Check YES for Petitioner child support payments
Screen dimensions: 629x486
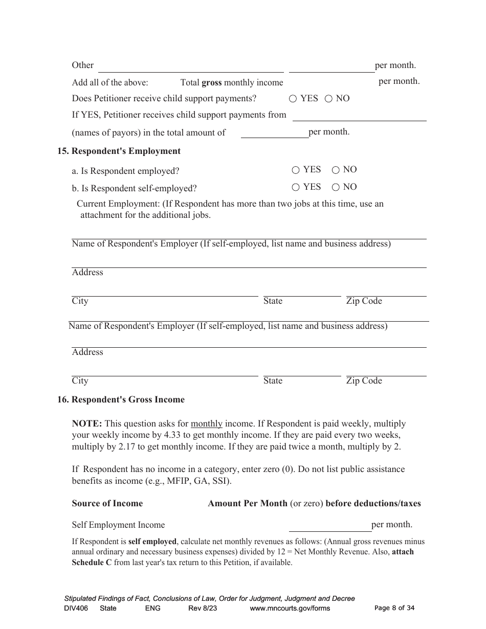pos(293,99)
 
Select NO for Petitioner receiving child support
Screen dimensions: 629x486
pos(328,99)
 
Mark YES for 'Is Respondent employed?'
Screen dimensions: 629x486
pos(296,170)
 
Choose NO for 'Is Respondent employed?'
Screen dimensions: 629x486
pos(336,170)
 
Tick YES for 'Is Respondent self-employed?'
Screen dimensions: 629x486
pos(296,188)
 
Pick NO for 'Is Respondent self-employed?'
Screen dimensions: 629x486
pos(336,188)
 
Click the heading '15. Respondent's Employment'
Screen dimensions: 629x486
pos(119,151)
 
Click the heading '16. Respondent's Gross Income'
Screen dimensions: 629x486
pos(121,400)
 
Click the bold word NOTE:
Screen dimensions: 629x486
pos(87,424)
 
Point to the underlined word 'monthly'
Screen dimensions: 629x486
pos(206,424)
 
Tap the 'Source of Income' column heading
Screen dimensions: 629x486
pos(107,504)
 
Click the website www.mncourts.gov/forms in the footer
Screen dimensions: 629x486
pos(290,609)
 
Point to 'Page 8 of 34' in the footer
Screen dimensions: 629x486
pos(394,608)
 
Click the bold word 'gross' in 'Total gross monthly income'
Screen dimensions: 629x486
pos(212,83)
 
